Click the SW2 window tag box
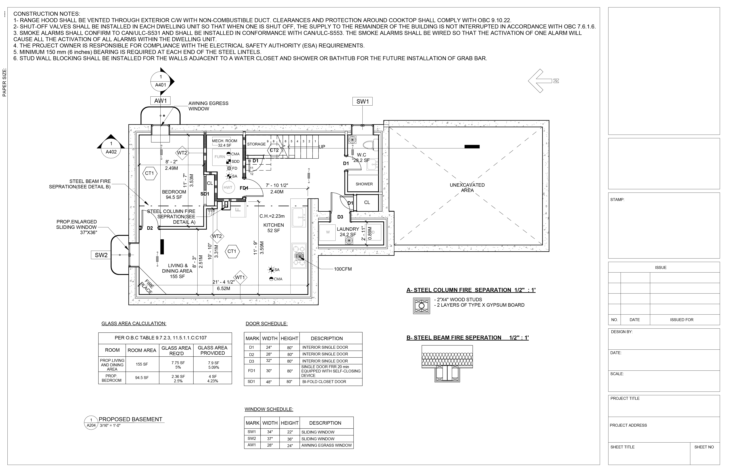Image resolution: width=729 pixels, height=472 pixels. pos(101,255)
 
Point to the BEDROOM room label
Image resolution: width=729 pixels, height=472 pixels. pos(174,192)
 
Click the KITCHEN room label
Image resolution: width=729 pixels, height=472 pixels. pos(274,225)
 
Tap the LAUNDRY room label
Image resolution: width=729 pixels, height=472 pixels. pos(348,229)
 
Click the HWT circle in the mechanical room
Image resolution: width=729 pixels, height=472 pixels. pos(228,188)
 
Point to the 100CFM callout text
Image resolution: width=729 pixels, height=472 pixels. pos(343,269)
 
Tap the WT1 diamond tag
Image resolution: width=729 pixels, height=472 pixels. pos(240,277)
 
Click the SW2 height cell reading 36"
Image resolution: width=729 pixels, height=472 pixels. pos(289,439)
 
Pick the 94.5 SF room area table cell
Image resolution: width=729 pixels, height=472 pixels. pos(142,378)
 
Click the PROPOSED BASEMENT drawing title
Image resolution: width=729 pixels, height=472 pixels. pos(131,419)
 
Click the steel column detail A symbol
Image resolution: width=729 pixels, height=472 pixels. pos(422,306)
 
